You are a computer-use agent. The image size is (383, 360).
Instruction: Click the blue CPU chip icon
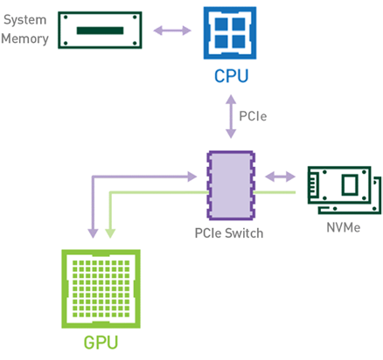[230, 33]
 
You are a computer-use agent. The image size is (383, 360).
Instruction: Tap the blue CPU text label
[232, 76]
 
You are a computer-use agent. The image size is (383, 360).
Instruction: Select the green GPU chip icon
[101, 288]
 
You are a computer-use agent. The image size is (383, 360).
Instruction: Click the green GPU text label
[101, 343]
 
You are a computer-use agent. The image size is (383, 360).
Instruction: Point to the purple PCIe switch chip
[231, 185]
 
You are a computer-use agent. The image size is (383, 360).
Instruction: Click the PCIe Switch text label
[229, 233]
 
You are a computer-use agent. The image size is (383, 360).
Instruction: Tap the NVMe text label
[344, 227]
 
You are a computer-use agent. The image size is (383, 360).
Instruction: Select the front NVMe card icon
[339, 185]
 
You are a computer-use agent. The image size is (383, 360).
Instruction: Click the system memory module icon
[100, 31]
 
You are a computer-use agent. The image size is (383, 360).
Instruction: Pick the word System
[25, 20]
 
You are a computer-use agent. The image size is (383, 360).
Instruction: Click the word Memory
[24, 38]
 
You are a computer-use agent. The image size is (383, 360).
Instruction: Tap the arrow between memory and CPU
[172, 31]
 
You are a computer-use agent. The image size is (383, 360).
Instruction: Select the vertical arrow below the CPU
[231, 116]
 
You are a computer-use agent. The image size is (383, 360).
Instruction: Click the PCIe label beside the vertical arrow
[253, 116]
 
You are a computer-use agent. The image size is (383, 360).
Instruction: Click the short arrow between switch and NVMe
[281, 177]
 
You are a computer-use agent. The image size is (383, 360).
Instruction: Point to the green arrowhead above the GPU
[110, 233]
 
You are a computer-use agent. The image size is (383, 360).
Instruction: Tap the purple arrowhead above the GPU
[93, 233]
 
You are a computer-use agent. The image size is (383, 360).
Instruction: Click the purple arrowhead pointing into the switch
[191, 177]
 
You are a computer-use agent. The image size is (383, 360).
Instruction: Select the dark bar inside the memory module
[100, 31]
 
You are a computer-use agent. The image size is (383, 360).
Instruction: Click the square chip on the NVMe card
[350, 184]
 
